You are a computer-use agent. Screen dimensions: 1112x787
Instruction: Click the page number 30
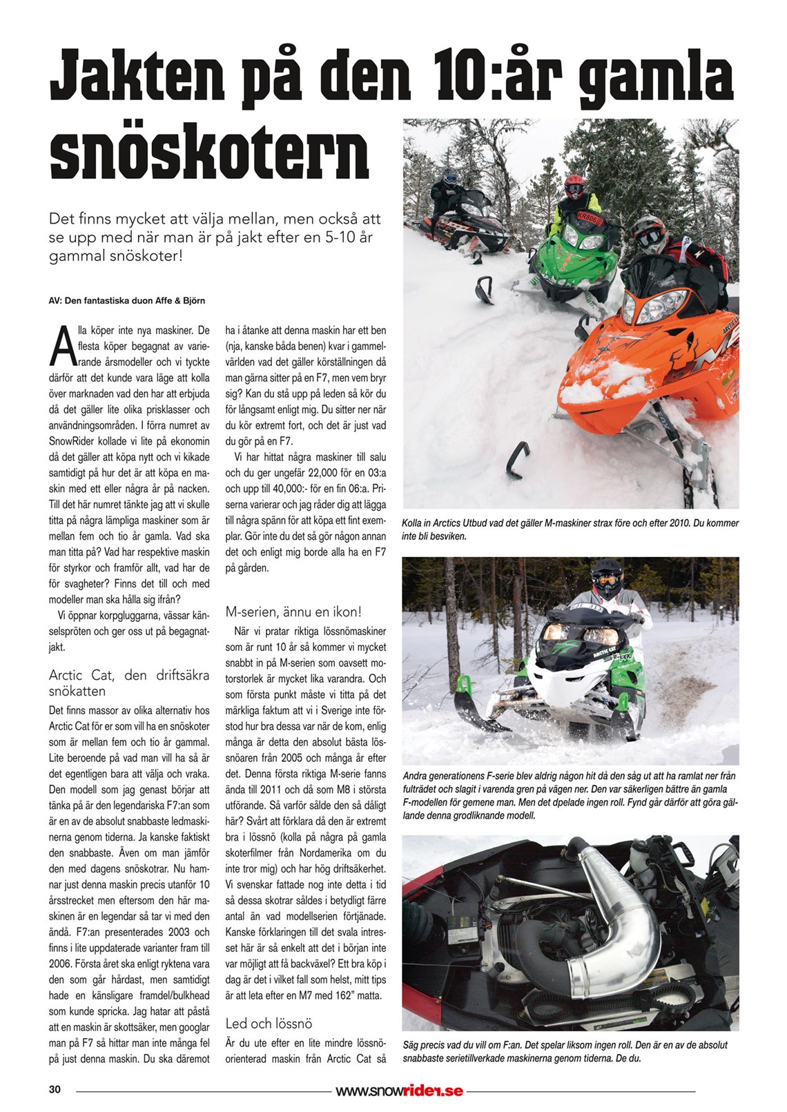pyautogui.click(x=55, y=1090)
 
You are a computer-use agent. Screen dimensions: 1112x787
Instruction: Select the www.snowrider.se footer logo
pyautogui.click(x=399, y=1091)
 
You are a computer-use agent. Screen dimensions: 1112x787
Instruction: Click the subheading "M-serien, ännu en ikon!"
pyautogui.click(x=293, y=612)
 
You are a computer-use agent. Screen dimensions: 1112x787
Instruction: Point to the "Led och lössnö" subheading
pyautogui.click(x=269, y=1023)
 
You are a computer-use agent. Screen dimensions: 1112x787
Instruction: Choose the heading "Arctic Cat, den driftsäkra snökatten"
pyautogui.click(x=129, y=683)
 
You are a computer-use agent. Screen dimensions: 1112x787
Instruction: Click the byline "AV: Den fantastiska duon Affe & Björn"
pyautogui.click(x=127, y=301)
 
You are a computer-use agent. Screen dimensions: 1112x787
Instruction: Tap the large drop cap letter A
pyautogui.click(x=61, y=347)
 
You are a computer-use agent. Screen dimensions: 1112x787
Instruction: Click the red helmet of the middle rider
pyautogui.click(x=574, y=184)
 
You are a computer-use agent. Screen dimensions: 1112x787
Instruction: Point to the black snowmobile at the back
pyautogui.click(x=463, y=221)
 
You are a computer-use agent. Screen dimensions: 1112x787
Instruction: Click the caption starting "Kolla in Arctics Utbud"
pyautogui.click(x=570, y=529)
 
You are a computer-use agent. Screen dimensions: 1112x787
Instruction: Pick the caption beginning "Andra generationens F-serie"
pyautogui.click(x=570, y=795)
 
